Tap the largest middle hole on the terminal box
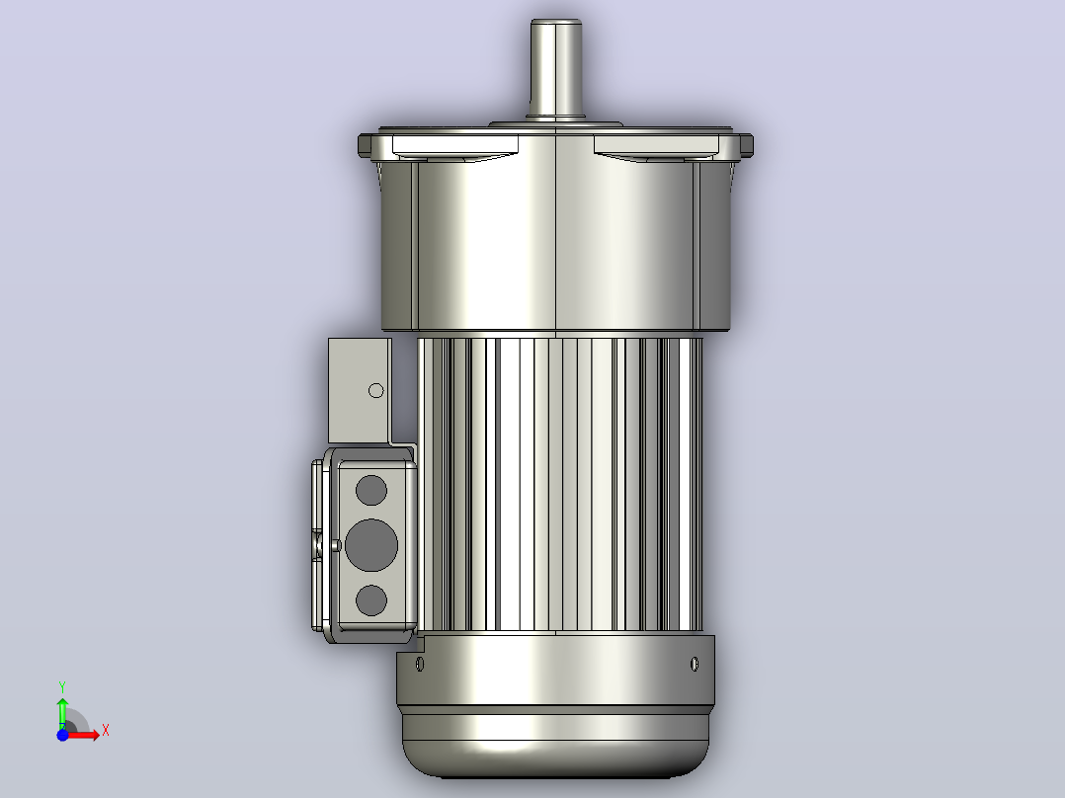tap(370, 545)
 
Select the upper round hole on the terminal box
tap(370, 490)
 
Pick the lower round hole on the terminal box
tap(370, 600)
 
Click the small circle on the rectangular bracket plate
tap(375, 390)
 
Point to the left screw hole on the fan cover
tap(420, 664)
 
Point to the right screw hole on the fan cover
tap(695, 664)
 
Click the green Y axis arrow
tap(62, 710)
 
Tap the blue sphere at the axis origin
tap(62, 735)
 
